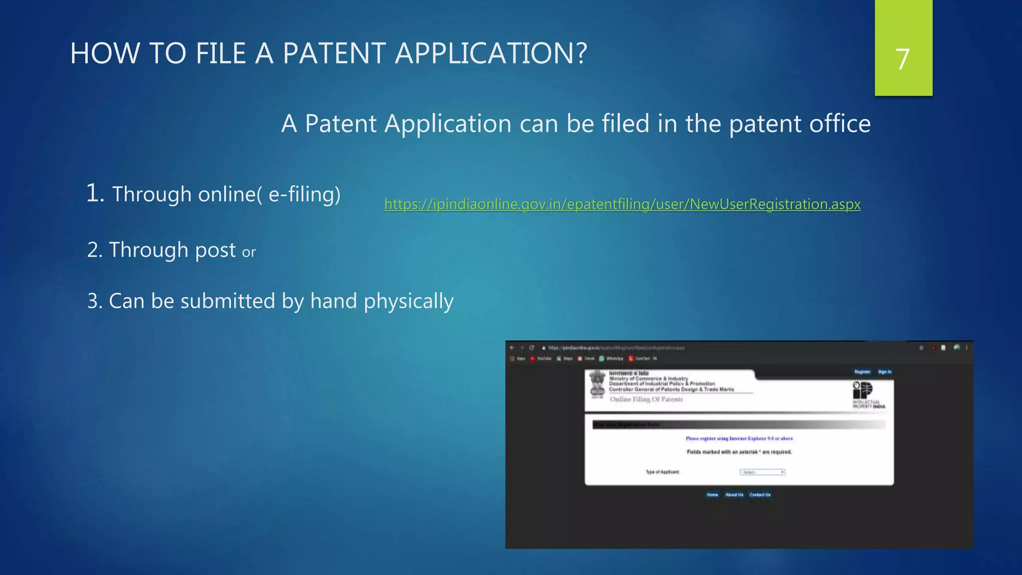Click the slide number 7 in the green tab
click(902, 59)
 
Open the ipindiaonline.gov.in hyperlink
click(622, 204)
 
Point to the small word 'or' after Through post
click(249, 253)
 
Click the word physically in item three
click(408, 301)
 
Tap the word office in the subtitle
click(839, 124)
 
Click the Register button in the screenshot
click(862, 372)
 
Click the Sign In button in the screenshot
click(885, 372)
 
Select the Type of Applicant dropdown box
click(762, 472)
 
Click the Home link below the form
click(712, 495)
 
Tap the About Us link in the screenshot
click(734, 495)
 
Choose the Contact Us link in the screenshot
click(760, 495)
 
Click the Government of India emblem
click(597, 384)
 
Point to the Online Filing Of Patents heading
click(646, 399)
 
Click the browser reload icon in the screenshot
click(532, 348)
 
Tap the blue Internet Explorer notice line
click(739, 439)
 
